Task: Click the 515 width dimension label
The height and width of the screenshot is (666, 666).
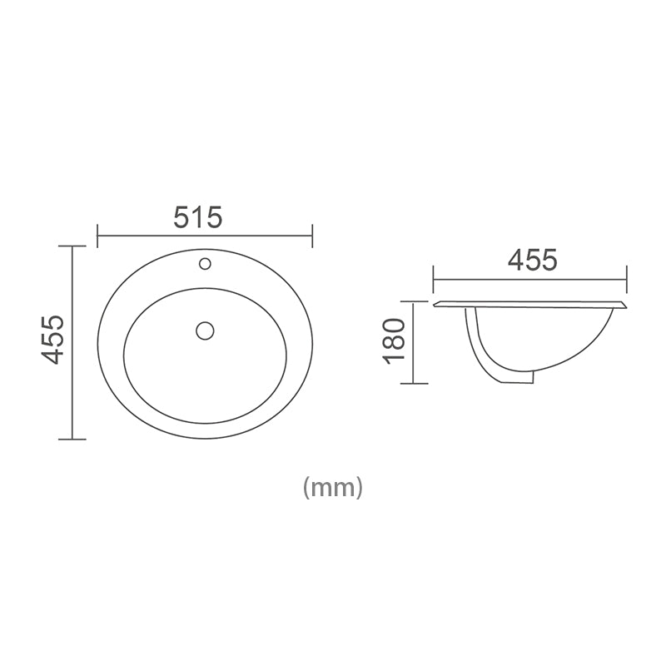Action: pos(198,217)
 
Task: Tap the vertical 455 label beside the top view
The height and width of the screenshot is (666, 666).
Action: pos(53,339)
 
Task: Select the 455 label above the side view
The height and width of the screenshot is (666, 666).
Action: pos(532,260)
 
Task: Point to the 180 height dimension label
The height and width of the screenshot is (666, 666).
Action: pos(394,340)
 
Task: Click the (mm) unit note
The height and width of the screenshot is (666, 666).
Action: pos(333,487)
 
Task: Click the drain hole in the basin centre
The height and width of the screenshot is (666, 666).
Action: pos(205,331)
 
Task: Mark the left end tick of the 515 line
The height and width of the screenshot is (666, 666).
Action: pos(98,236)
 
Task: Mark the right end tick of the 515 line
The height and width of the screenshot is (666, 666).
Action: pos(312,236)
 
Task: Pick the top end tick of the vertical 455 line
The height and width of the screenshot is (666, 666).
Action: pos(72,246)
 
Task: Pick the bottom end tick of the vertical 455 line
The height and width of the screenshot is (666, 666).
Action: pos(72,439)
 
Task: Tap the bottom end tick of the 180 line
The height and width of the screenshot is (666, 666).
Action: pos(414,383)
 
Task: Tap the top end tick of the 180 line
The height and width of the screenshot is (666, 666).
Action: pos(414,301)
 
